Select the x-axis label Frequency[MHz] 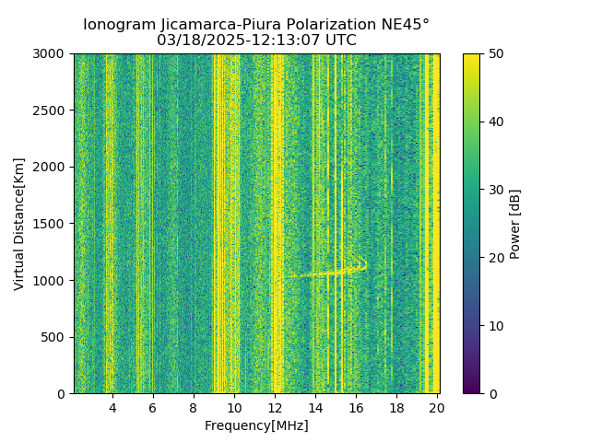tap(256, 425)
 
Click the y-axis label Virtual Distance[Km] tap(19, 224)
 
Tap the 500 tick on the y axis tap(56, 337)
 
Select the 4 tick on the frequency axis tap(112, 408)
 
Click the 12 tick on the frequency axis tap(275, 408)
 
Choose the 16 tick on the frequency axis tap(356, 408)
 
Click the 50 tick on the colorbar tap(495, 53)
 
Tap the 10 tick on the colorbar tap(495, 326)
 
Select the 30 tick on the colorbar tap(495, 190)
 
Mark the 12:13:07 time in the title tap(292, 41)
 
